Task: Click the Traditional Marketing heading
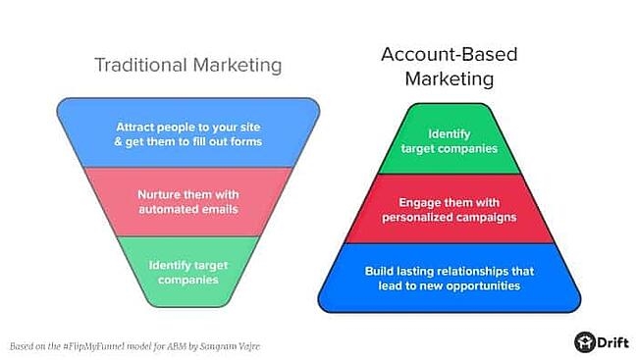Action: pos(187,65)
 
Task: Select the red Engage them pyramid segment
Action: pos(454,208)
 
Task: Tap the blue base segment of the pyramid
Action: pos(454,278)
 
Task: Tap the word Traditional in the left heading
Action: pos(136,65)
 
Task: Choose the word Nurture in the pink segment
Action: pos(159,194)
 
